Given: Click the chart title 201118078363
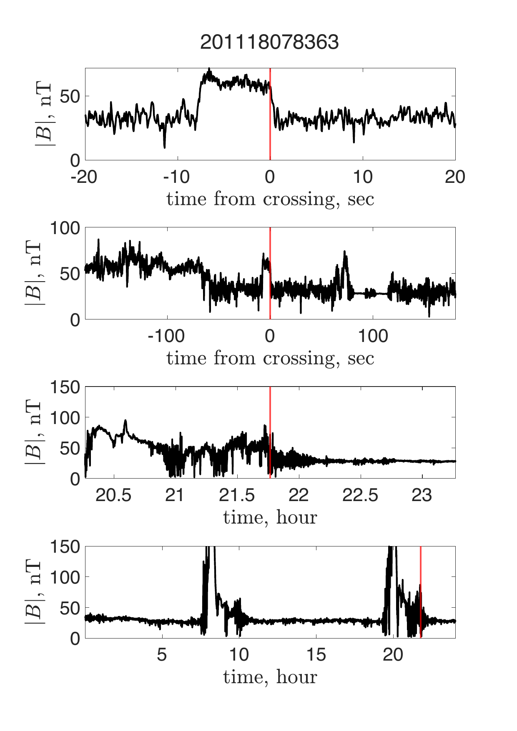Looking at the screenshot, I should (x=269, y=42).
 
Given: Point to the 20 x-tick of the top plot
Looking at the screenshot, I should (x=455, y=177).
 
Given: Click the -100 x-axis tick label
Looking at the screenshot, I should (x=166, y=336).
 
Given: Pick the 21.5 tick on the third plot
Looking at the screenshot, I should (x=236, y=496).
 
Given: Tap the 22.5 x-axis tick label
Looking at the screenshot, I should (x=360, y=496).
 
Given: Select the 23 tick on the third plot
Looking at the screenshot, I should (x=422, y=496).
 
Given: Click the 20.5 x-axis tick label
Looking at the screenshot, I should (x=113, y=496).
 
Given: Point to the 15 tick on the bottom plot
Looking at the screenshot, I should (x=316, y=655).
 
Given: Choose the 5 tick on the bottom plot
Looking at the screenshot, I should (x=162, y=655).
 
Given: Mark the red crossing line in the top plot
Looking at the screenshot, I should (x=270, y=125).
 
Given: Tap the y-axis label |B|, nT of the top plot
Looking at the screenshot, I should (x=44, y=114).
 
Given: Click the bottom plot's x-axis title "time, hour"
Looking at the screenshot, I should (x=270, y=677).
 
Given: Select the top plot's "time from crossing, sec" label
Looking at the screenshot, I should (x=270, y=199).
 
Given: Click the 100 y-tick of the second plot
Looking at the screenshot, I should (x=65, y=228).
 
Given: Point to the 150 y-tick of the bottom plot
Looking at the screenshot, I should (x=65, y=546).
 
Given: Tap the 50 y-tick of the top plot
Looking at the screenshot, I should (x=70, y=97).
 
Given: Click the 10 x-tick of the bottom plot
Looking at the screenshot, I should (x=239, y=655).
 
